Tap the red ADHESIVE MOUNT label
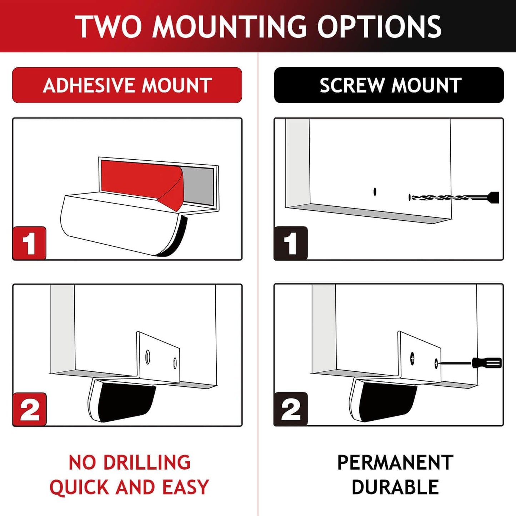tap(127, 85)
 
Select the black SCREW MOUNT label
tap(389, 85)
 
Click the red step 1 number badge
tap(30, 243)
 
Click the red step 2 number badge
tap(30, 409)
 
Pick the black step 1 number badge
tap(291, 243)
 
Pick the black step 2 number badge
tap(291, 409)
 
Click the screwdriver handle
tap(487, 363)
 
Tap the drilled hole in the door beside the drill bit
tap(375, 192)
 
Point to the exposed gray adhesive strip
tap(198, 186)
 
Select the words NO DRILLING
tap(129, 462)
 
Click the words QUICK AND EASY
tap(129, 487)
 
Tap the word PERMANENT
tap(395, 462)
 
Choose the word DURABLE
tap(395, 487)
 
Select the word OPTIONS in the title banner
tap(379, 27)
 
